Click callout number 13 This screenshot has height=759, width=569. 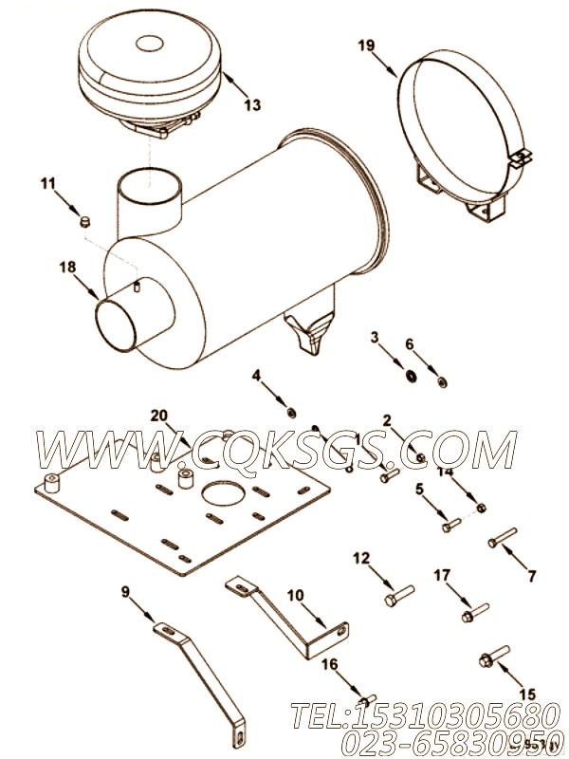click(249, 105)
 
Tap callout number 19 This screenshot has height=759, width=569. click(367, 43)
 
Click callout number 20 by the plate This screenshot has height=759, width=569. click(159, 415)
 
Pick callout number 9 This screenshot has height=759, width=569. click(126, 593)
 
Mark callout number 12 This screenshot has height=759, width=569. click(360, 558)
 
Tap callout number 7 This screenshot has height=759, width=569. click(531, 575)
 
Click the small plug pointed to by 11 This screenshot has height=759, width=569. click(83, 222)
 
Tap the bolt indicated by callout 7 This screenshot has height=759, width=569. click(501, 539)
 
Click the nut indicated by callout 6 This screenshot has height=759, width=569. click(443, 382)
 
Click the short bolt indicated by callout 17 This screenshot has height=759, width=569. click(474, 613)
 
